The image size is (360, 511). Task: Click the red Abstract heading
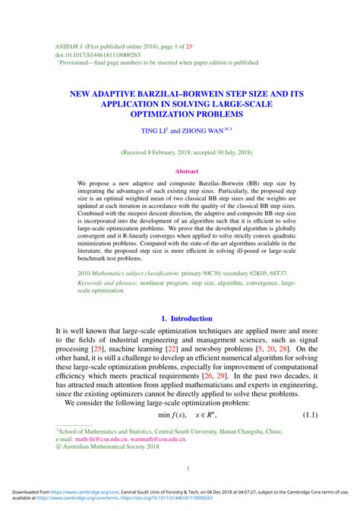[x=180, y=172]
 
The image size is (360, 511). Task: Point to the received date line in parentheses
[x=180, y=153]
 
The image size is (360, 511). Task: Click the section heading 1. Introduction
[x=180, y=318]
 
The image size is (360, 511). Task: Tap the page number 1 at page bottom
[x=180, y=468]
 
